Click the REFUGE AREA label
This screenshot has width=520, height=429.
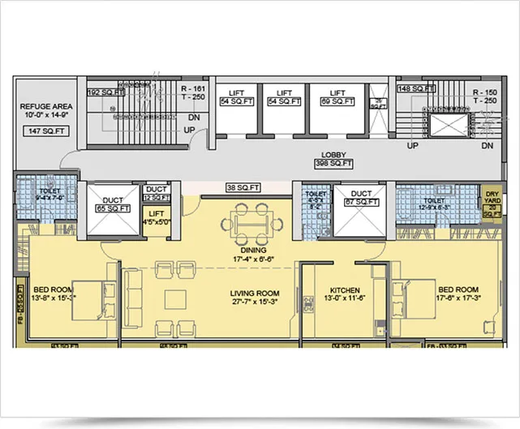[x=46, y=106]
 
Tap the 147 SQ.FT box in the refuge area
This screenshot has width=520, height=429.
[x=46, y=131]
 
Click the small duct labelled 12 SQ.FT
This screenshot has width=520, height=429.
[x=156, y=197]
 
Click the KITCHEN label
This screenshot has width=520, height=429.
[x=345, y=290]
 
